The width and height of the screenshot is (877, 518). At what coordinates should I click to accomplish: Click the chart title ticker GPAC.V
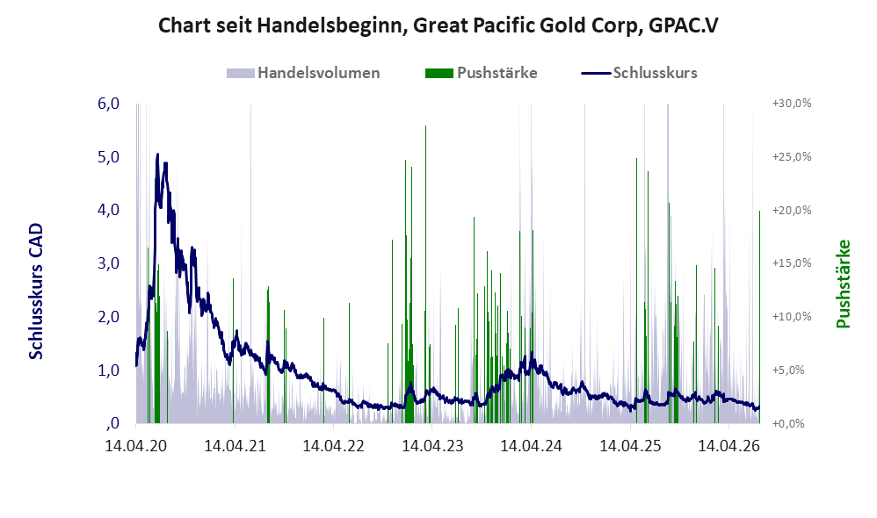point(683,25)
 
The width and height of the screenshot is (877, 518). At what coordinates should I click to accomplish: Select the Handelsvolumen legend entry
point(303,73)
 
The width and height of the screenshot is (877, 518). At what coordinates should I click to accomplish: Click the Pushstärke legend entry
point(481,73)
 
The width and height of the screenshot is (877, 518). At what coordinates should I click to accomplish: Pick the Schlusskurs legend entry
point(639,73)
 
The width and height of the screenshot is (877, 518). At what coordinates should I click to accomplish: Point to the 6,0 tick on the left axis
point(108,104)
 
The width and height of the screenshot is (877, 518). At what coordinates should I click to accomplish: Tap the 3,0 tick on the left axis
point(108,263)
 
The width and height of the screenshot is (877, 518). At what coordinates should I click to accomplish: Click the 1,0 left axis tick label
point(108,370)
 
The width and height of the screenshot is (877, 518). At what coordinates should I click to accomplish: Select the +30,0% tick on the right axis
point(792,104)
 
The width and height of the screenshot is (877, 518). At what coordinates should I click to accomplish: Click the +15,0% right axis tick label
point(792,263)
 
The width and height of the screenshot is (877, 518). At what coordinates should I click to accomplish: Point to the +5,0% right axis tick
point(788,370)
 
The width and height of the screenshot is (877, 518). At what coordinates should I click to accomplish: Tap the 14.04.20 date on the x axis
point(136,446)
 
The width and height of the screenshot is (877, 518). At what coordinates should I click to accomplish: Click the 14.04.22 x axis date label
point(333,446)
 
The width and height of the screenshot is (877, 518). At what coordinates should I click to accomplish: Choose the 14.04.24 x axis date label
point(531,446)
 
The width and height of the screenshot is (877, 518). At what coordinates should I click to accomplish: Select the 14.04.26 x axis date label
point(729,446)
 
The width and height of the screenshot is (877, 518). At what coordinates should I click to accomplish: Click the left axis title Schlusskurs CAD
point(36,291)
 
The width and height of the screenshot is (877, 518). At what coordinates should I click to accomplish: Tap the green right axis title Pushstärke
point(843,284)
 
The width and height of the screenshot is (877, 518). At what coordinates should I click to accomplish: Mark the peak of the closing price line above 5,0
point(157,155)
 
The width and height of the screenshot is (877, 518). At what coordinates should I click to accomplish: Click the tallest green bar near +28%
point(425,274)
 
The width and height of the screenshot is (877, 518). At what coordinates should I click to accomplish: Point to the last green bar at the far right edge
point(759,316)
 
